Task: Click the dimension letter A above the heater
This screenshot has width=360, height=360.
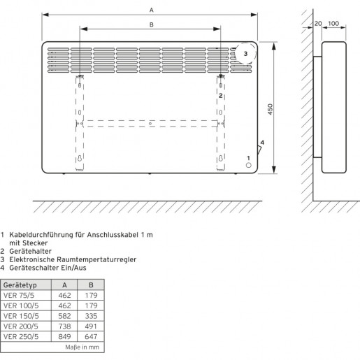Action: pos(152,10)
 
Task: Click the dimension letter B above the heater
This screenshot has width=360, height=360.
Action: pos(152,24)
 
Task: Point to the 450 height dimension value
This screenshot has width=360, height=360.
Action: pos(270,109)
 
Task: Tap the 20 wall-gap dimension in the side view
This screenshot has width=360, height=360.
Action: pos(318,24)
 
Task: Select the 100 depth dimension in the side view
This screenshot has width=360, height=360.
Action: pos(333,24)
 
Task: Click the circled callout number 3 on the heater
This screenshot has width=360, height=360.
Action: pos(245,54)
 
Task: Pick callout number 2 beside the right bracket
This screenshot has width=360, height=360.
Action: pos(221,96)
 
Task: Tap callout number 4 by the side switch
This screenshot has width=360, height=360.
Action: pos(262,143)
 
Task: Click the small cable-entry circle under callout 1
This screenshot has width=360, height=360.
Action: pos(249,165)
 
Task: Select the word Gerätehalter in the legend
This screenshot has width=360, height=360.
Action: pos(30,251)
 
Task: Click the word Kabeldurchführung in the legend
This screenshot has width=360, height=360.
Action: pos(41,235)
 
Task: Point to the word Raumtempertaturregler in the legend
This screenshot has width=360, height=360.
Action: pos(96,259)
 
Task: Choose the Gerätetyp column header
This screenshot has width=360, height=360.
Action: pos(20,285)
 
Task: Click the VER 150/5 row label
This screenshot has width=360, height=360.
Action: pos(21,316)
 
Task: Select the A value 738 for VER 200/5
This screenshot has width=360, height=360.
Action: pos(64,326)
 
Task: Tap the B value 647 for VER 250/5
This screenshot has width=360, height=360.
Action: pos(91,336)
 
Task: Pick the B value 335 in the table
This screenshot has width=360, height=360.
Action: pos(91,316)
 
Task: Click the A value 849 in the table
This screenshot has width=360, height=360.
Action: pos(64,336)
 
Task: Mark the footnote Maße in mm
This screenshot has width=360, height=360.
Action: pos(82,347)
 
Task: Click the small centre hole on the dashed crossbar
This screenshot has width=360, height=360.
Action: pos(150,124)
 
